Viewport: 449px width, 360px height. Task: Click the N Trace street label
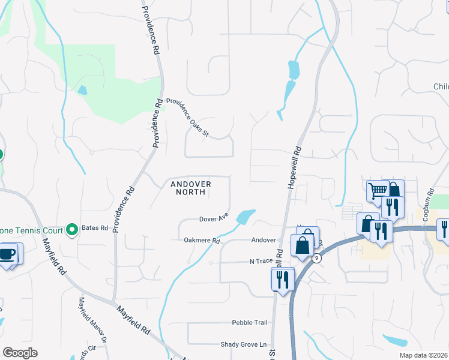[x=261, y=262]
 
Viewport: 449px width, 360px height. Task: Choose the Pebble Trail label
[x=250, y=322]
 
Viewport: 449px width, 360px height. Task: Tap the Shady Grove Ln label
[x=243, y=344]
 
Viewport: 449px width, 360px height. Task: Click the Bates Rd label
[x=95, y=228]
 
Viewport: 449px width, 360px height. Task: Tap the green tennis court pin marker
[x=72, y=229]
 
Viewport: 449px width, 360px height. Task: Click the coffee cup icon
[x=8, y=254]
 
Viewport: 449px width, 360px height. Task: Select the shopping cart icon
[x=378, y=191]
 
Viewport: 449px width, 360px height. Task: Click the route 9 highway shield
[x=316, y=258]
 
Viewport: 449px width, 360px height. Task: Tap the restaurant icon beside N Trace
[x=281, y=278]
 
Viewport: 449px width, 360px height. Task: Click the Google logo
[x=20, y=353]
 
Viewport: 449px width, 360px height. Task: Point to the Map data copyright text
[x=427, y=354]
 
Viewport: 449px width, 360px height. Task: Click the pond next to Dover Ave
[x=246, y=216]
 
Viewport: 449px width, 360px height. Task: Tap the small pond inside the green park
[x=82, y=91]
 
